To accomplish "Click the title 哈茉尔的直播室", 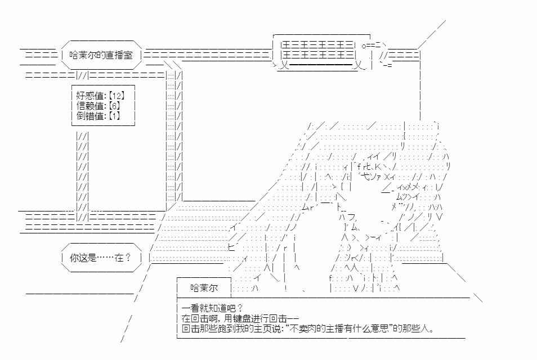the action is click(x=101, y=55).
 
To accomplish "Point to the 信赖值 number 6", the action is click(x=114, y=106).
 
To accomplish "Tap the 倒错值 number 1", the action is click(x=114, y=116).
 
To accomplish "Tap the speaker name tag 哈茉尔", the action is click(x=204, y=288).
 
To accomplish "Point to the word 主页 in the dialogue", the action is click(x=263, y=329).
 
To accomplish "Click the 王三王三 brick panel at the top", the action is click(x=317, y=49).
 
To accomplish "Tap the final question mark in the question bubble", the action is click(x=128, y=258).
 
